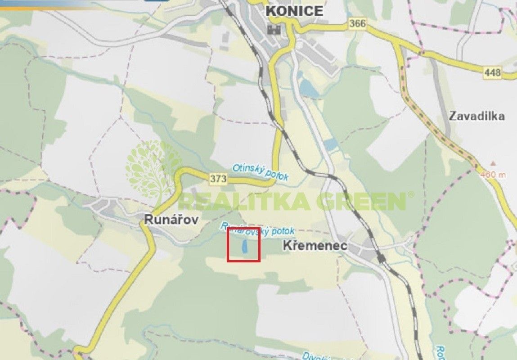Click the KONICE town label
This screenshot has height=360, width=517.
pyautogui.click(x=295, y=11)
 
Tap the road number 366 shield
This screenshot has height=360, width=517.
pyautogui.click(x=357, y=24)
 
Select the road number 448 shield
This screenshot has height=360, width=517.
pyautogui.click(x=493, y=72)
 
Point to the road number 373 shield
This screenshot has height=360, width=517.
pyautogui.click(x=218, y=179)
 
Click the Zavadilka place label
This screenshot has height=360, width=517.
pyautogui.click(x=477, y=116)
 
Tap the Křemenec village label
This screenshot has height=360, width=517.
pyautogui.click(x=315, y=246)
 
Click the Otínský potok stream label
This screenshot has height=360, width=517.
pyautogui.click(x=260, y=172)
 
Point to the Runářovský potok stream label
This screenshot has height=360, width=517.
pyautogui.click(x=258, y=229)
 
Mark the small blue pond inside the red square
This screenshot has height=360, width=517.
pyautogui.click(x=244, y=246)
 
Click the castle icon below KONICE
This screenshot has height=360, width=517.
pyautogui.click(x=274, y=30)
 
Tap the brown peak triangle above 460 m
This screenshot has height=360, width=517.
pyautogui.click(x=493, y=164)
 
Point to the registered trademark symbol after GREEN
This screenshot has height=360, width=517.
pyautogui.click(x=410, y=194)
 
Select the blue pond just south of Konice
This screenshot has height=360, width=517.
pyautogui.click(x=310, y=88)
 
